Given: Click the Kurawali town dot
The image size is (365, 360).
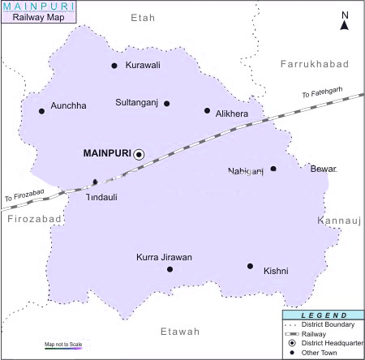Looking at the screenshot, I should [114, 66].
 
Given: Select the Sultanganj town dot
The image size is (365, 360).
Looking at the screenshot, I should [167, 104].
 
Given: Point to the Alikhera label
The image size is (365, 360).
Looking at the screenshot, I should [232, 115].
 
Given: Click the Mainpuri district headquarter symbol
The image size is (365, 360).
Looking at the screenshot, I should [139, 153].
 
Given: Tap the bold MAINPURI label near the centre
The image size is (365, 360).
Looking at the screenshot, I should [107, 152].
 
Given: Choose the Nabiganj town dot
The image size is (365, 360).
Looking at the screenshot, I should [273, 169].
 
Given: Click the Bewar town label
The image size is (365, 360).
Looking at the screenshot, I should [323, 169].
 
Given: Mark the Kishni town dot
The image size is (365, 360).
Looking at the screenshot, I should [250, 266].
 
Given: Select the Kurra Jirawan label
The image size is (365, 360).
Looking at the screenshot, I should [165, 257].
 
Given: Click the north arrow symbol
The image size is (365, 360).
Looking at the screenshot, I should [344, 22].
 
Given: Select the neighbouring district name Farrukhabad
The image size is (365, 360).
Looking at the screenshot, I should [314, 63].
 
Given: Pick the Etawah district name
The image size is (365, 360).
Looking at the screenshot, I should [179, 332].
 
